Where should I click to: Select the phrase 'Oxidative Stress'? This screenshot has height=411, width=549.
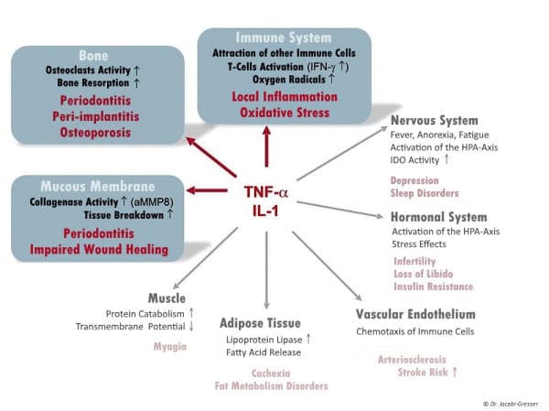pyautogui.click(x=284, y=113)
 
